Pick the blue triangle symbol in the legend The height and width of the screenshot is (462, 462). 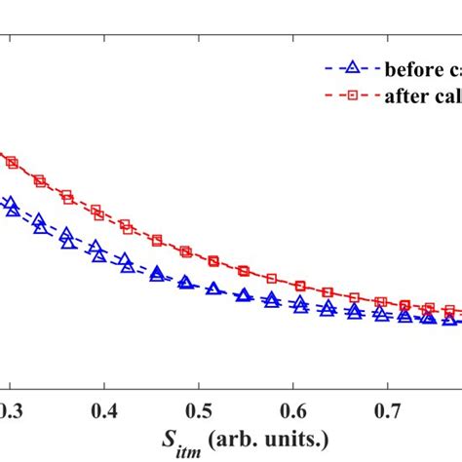click(x=354, y=67)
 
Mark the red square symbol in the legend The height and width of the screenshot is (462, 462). click(x=354, y=96)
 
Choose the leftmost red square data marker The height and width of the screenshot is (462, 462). click(x=12, y=163)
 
